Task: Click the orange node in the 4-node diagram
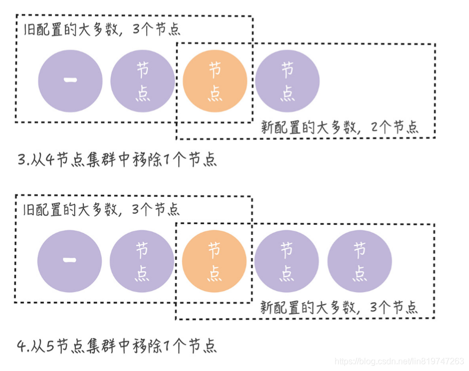(x=214, y=81)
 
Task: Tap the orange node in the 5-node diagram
(x=214, y=261)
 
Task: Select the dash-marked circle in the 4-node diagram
(x=70, y=81)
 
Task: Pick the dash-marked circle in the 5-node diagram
(x=69, y=261)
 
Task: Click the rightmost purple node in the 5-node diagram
(x=359, y=261)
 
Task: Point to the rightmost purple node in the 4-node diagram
(x=287, y=81)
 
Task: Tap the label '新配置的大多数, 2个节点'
(x=339, y=127)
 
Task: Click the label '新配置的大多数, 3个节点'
(x=339, y=307)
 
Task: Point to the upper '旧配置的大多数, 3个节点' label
(x=102, y=29)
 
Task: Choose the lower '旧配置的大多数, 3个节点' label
(x=102, y=209)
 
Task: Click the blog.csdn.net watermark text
(x=399, y=361)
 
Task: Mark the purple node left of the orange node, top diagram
(x=142, y=81)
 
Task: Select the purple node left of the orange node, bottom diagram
(x=142, y=261)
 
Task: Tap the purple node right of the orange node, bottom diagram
(x=287, y=261)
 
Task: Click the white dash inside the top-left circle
(x=70, y=80)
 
